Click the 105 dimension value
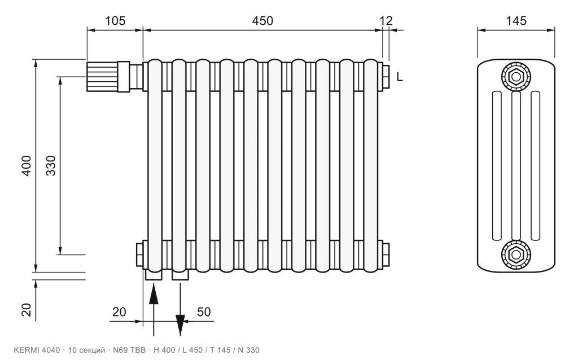(115, 21)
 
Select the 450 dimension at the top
(262, 21)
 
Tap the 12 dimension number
(386, 21)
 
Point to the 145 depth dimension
(516, 21)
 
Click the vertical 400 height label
(27, 166)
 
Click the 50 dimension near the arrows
(203, 311)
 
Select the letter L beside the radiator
(400, 77)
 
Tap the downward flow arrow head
(180, 325)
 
